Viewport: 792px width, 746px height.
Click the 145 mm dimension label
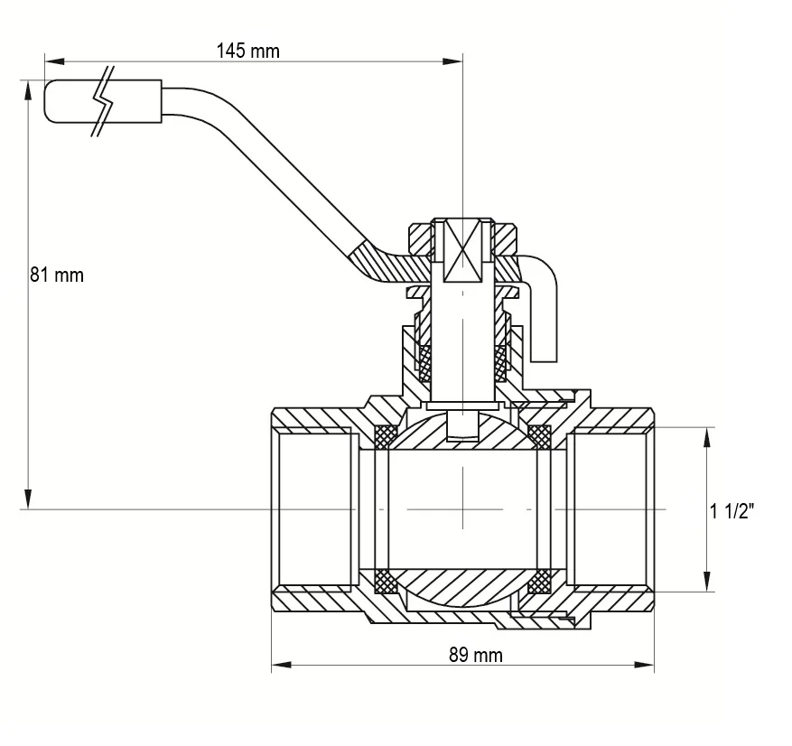[248, 51]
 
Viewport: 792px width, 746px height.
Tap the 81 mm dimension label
[57, 275]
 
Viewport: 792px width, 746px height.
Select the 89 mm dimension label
[476, 656]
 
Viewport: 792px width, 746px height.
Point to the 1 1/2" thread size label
[731, 512]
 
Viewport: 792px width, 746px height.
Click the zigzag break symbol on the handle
[104, 101]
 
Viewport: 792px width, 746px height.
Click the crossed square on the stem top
[462, 250]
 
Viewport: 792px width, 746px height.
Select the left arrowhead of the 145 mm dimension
[54, 61]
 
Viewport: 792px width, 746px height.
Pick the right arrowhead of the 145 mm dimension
[452, 61]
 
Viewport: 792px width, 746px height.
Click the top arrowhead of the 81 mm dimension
[29, 90]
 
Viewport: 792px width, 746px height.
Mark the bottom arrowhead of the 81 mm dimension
[29, 499]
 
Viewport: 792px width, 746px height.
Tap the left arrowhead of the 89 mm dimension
[282, 664]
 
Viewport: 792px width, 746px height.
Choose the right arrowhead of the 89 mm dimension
[644, 664]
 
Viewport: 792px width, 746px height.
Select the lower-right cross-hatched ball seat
[539, 582]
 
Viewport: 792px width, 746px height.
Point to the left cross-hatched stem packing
[425, 364]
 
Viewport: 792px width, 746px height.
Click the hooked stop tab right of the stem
[540, 308]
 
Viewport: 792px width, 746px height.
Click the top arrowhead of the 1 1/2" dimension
[707, 437]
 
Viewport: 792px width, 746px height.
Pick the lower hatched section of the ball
[462, 587]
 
